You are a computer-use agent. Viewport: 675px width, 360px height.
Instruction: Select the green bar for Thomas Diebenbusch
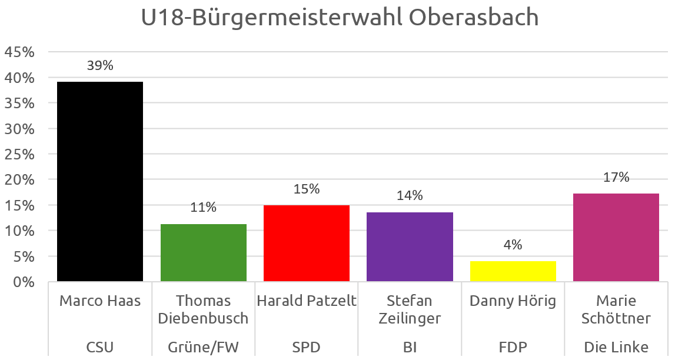pos(204,252)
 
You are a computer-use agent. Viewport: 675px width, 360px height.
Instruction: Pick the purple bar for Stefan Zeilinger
pos(410,246)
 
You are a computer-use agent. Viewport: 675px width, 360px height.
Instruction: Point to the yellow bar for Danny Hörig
pos(513,271)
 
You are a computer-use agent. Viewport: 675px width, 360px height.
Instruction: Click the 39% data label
pos(100,66)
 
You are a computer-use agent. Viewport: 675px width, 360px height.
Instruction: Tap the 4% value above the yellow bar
pos(513,245)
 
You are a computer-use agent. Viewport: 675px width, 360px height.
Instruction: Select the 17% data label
pos(616,177)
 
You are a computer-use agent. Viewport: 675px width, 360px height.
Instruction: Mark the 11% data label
pos(204,208)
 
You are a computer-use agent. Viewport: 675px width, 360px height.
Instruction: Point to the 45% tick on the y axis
pos(19,52)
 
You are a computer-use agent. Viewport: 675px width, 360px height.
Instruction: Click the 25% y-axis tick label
pos(19,154)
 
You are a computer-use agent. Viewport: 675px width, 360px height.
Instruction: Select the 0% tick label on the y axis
pos(23,282)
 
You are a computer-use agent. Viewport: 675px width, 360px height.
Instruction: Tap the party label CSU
pos(100,347)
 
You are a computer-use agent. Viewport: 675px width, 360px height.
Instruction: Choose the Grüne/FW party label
pos(204,347)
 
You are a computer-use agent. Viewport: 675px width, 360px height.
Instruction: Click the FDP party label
pos(513,347)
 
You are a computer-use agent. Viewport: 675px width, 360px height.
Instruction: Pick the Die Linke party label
pos(616,347)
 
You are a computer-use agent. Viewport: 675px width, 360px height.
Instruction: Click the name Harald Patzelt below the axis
pos(307,301)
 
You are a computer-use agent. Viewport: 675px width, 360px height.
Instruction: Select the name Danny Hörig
pos(513,301)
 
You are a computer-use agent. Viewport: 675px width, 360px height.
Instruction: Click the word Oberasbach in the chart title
pos(474,18)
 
